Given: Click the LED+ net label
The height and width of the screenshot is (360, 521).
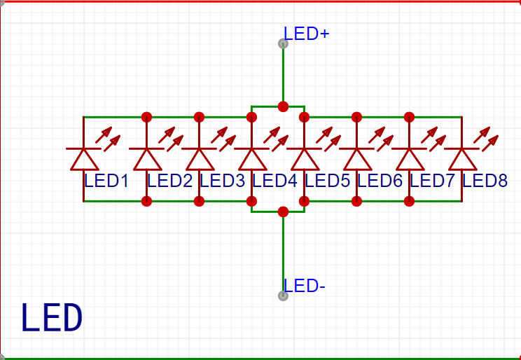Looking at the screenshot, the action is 306,34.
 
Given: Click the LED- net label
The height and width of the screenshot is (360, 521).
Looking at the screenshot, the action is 305,286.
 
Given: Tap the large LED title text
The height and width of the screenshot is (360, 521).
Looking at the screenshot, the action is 52,317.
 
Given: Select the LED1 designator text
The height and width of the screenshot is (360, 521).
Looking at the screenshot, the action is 106,181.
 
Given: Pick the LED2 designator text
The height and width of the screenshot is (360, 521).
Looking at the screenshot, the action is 169,181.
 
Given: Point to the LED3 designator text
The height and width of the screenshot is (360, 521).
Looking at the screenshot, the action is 222,181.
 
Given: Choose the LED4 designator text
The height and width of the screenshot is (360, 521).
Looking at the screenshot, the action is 275,181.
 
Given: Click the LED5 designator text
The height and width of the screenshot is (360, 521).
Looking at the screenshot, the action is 327,181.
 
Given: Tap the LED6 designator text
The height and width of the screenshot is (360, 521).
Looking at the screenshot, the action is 380,181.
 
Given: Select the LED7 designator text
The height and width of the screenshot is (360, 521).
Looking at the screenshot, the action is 432,181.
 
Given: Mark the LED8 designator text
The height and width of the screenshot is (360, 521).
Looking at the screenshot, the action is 485,181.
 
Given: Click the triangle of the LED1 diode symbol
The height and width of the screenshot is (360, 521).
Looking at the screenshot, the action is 84,160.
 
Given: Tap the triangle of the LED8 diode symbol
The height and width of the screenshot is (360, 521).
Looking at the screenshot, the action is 462,160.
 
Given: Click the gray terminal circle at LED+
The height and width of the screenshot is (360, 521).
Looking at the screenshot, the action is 283,43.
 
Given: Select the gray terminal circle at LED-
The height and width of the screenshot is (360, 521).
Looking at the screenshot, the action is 283,296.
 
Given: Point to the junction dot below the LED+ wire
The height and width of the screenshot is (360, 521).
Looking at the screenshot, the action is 283,106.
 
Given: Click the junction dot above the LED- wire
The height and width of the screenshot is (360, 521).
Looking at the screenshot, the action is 283,212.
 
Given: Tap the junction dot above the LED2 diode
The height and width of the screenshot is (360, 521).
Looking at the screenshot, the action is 146,117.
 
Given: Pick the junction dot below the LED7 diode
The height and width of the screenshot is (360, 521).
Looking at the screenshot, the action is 410,201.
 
